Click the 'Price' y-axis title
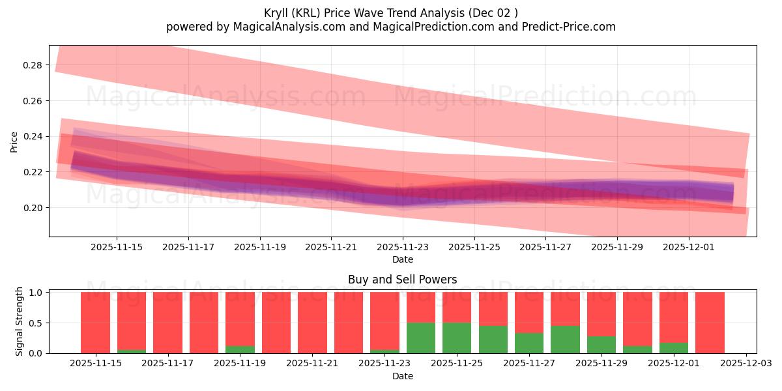point(14,141)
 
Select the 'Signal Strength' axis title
point(20,321)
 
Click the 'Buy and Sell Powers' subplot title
point(402,280)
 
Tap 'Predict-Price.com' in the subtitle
point(571,27)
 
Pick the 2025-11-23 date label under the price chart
point(402,248)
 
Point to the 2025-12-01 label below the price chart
point(689,248)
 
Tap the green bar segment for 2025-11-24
point(421,338)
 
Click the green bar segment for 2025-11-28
point(565,339)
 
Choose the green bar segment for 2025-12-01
point(674,348)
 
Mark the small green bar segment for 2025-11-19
point(240,349)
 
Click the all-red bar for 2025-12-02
point(710,323)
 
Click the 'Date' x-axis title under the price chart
point(402,259)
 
